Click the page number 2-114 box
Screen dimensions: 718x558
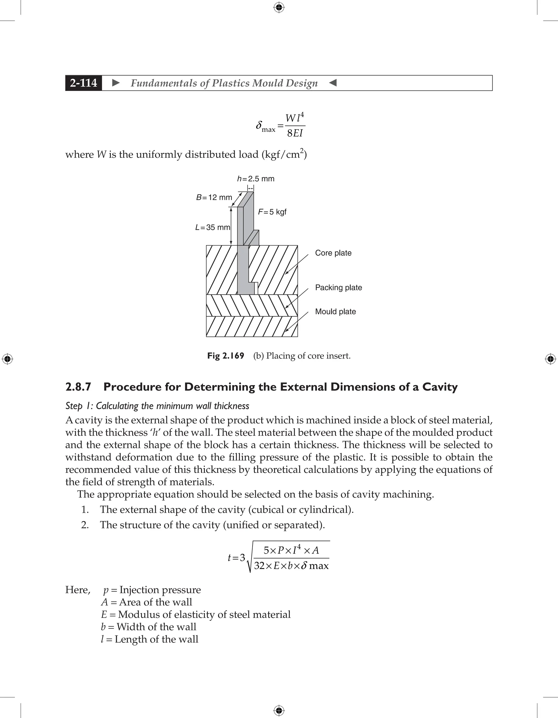click(84, 83)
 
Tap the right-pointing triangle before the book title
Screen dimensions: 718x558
click(116, 83)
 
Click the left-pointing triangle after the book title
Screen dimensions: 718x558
click(333, 83)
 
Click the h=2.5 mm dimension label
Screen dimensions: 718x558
click(256, 179)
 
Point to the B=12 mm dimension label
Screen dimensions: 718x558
click(214, 197)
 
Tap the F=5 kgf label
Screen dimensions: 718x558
click(272, 212)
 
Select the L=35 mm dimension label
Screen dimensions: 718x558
click(213, 227)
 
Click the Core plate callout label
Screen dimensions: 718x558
click(333, 253)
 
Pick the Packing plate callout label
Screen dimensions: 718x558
click(338, 287)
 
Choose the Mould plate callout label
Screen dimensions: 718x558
click(335, 311)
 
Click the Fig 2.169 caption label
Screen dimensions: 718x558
click(226, 356)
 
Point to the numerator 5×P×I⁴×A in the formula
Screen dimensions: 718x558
click(291, 550)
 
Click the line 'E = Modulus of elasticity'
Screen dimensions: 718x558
click(196, 614)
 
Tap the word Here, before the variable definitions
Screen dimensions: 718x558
click(78, 590)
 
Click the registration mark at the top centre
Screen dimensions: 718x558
click(279, 7)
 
